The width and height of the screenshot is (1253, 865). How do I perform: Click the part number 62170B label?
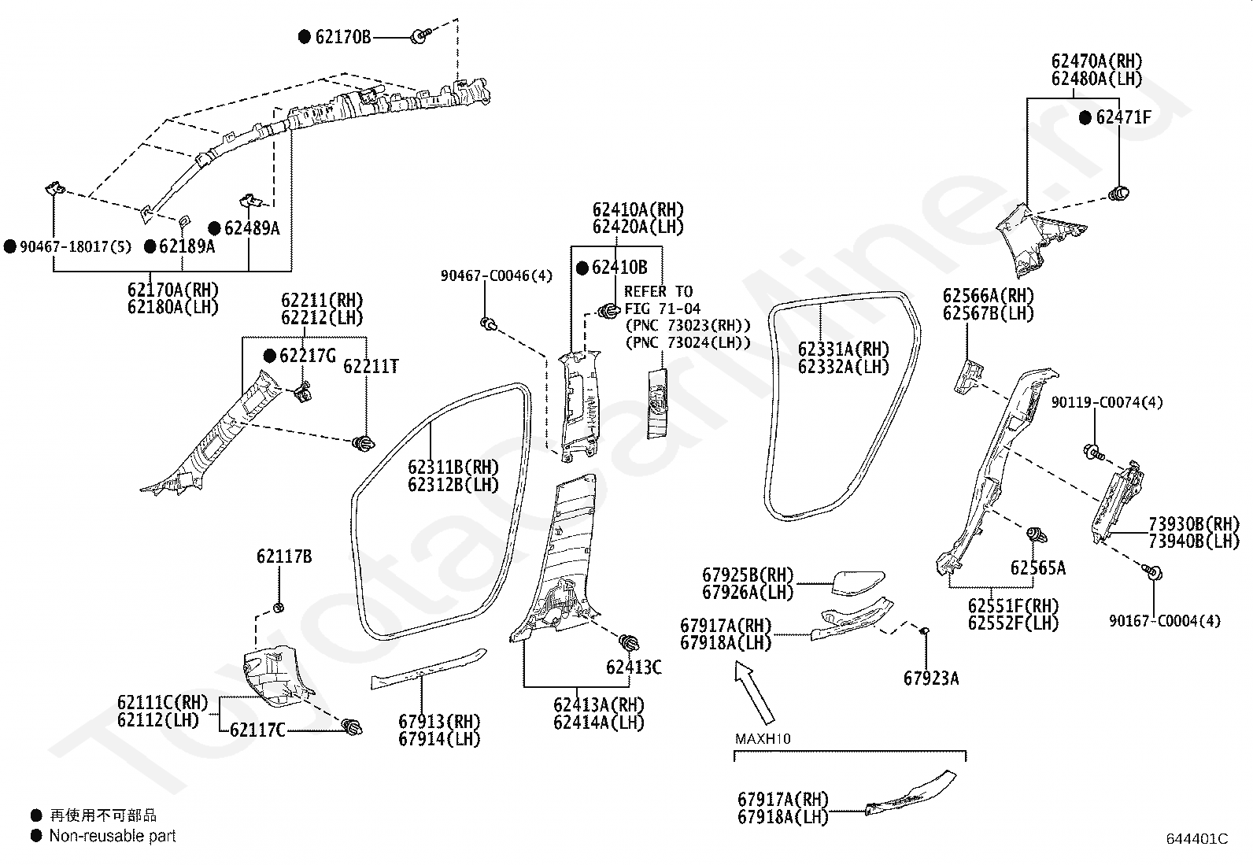tap(343, 37)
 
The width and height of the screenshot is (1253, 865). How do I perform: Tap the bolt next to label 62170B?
tap(420, 36)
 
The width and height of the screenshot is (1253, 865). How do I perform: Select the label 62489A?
tap(252, 228)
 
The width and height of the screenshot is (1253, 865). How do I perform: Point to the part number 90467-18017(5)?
tap(76, 246)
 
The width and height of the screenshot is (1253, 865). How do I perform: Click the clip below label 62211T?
tap(364, 444)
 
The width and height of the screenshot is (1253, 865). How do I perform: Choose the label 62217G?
tap(307, 356)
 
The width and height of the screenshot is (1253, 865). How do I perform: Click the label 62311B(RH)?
tap(453, 468)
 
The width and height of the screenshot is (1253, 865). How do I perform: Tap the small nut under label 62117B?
tap(279, 608)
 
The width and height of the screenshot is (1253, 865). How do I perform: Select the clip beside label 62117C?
tap(353, 726)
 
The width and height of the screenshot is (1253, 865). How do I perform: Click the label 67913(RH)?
tap(440, 722)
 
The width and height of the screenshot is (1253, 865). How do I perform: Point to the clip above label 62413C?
tap(630, 642)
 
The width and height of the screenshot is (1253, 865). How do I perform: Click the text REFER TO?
tap(659, 291)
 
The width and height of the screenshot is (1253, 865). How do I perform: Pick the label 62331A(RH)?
tap(844, 349)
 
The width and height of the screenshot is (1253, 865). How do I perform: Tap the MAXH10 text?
tap(763, 739)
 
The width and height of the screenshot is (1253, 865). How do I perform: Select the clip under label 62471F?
tap(1118, 194)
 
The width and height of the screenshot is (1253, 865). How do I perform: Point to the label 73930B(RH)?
tap(1194, 524)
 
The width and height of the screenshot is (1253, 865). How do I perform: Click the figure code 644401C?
tap(1197, 839)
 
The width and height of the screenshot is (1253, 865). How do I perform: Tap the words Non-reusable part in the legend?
tap(113, 836)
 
